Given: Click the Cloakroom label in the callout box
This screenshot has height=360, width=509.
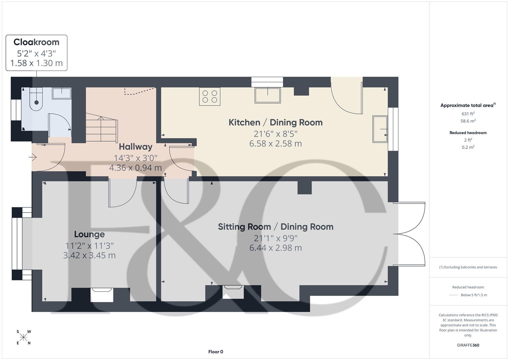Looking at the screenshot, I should (x=36, y=42).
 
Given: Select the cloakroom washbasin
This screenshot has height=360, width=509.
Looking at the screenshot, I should (x=62, y=93).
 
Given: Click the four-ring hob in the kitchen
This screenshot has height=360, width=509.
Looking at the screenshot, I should (x=210, y=96).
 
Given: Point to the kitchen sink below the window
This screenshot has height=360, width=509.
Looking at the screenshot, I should (x=267, y=95).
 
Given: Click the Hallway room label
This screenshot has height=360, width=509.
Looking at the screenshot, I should (x=135, y=147).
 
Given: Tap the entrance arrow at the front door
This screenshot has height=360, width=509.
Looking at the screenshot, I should (x=33, y=157).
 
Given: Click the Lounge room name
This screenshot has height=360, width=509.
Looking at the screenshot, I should (x=89, y=234).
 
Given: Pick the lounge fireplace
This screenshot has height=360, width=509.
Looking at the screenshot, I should (x=102, y=295).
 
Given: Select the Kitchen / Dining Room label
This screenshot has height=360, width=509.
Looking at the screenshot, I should (x=275, y=122).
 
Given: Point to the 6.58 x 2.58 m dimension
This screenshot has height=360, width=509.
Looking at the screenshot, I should (x=275, y=144).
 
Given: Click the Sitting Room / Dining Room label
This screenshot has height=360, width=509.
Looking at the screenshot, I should (x=275, y=227).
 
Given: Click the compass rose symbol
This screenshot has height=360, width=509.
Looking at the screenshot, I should (x=23, y=337).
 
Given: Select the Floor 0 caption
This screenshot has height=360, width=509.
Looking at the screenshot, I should (x=216, y=352).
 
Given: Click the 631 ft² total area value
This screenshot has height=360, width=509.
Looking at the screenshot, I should (x=468, y=114).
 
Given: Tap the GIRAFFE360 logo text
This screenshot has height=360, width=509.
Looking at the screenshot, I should (x=468, y=345).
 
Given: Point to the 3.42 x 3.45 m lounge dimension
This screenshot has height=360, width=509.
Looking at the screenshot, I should (x=89, y=256).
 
